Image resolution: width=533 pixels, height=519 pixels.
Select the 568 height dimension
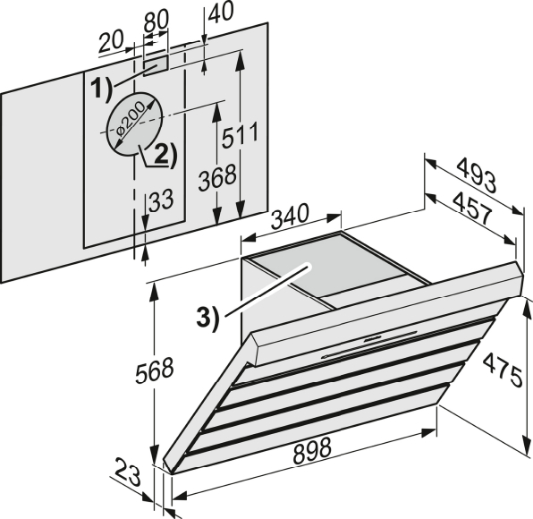(x=155, y=369)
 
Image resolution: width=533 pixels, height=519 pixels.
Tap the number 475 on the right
(x=503, y=370)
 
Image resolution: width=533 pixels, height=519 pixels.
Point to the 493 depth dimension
(x=477, y=175)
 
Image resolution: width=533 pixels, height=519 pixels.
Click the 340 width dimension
(x=290, y=217)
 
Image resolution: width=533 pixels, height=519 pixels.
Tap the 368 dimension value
(x=217, y=177)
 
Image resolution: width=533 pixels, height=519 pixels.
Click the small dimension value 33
(x=161, y=200)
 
